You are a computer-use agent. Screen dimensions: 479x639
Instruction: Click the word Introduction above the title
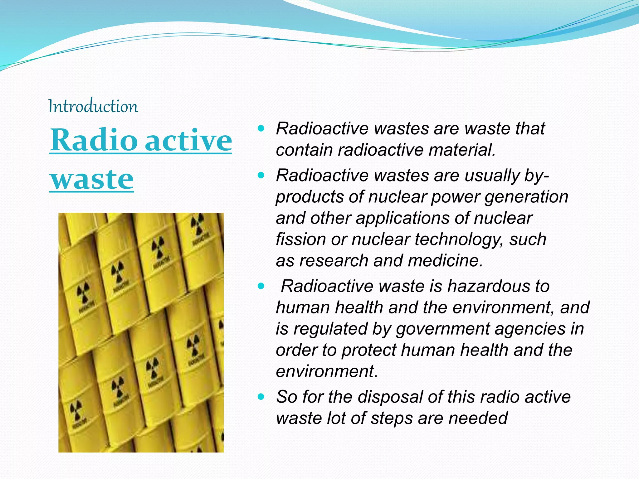(x=93, y=107)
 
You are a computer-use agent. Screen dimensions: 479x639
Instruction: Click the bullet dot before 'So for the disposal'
(x=261, y=397)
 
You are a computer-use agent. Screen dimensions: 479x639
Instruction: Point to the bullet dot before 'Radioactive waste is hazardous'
(x=261, y=286)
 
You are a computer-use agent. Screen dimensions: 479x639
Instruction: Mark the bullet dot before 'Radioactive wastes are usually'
(x=261, y=175)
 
